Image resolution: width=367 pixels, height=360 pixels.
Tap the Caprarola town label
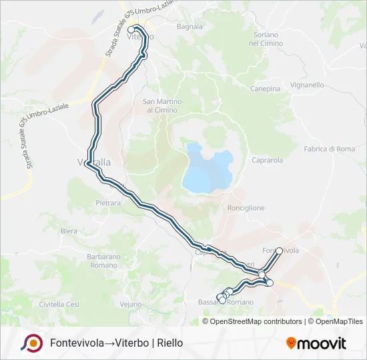pos(268,160)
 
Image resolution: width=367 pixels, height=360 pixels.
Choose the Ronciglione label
pos(246,208)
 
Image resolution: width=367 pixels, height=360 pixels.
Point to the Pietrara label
pos(108,202)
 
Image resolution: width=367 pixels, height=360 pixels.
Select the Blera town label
pos(69,231)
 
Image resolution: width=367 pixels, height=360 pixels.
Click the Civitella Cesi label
pos(59,304)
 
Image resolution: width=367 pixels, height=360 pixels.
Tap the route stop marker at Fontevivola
pos(280,252)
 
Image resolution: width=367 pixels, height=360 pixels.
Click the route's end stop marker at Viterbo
pos(131,30)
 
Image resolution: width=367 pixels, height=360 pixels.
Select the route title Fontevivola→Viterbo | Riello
pos(116,343)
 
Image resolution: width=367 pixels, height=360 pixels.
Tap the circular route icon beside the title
pos(31,343)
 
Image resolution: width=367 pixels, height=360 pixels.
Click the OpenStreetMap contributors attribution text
pos(255,321)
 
